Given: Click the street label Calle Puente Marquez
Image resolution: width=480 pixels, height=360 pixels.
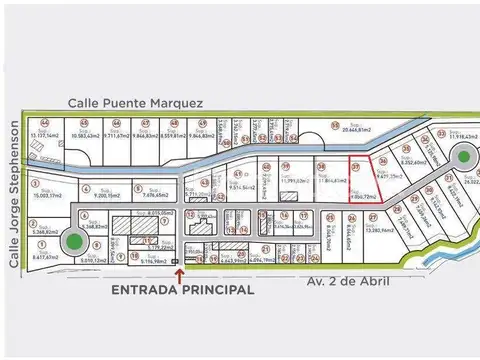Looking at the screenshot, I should pos(136,102).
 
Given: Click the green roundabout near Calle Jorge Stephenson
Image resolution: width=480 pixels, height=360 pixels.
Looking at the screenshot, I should pos(73,241).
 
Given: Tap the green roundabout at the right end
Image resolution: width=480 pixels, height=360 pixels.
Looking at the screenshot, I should pos(462,157).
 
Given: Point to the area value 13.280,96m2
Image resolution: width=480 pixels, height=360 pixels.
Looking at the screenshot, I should pos(385,229).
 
